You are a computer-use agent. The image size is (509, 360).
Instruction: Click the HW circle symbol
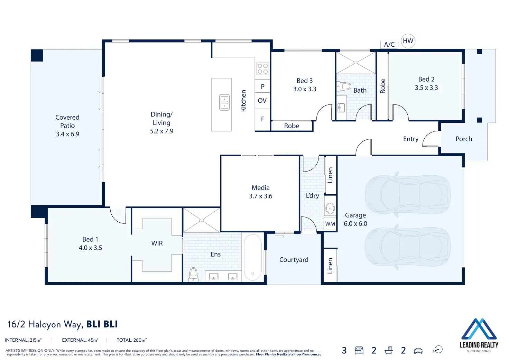[408, 41]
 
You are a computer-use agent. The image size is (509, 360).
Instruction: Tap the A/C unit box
[389, 45]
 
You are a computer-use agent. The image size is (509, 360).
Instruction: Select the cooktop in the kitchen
[263, 68]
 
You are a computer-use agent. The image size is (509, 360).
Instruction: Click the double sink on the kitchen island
[224, 102]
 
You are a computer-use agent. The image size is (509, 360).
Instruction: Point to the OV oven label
[262, 100]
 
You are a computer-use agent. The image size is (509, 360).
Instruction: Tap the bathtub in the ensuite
[253, 257]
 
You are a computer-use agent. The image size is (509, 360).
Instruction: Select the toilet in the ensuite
[193, 275]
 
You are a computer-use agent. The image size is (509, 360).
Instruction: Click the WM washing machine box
[330, 224]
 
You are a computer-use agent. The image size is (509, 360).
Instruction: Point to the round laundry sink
[330, 208]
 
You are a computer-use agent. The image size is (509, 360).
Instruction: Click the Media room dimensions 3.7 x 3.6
[261, 196]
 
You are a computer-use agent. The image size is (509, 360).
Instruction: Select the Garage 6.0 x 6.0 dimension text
[355, 224]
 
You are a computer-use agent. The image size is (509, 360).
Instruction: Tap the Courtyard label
[294, 260]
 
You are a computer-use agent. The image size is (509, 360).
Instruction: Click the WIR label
[157, 243]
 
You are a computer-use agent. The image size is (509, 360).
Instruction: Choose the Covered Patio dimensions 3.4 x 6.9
[67, 134]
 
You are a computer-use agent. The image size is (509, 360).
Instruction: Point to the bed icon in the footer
[359, 350]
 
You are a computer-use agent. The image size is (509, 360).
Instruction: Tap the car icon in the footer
[418, 351]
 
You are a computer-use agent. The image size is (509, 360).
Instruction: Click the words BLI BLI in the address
[102, 324]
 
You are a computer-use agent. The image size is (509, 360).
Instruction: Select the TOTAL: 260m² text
[132, 340]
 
